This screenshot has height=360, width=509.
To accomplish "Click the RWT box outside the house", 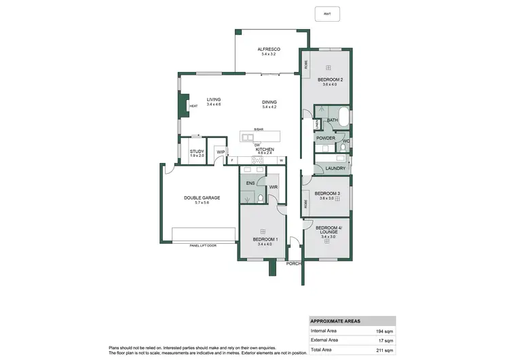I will pyautogui.click(x=327, y=14).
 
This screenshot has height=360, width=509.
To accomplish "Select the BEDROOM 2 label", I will pyautogui.click(x=330, y=80).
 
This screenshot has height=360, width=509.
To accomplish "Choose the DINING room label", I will pyautogui.click(x=269, y=103).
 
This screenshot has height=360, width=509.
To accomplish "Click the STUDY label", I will pyautogui.click(x=197, y=151).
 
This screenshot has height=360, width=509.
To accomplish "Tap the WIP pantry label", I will pyautogui.click(x=221, y=151).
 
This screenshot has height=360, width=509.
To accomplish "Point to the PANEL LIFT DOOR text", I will pyautogui.click(x=203, y=245).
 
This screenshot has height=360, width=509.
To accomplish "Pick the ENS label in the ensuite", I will pyautogui.click(x=250, y=183).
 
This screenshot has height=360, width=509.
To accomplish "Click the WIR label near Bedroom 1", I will pyautogui.click(x=274, y=187).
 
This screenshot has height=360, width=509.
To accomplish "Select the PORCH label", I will pyautogui.click(x=294, y=263).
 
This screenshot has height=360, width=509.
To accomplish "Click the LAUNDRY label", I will pyautogui.click(x=336, y=168).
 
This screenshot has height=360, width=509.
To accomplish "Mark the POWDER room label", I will pyautogui.click(x=325, y=138).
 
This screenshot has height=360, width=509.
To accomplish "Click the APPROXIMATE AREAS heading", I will pyautogui.click(x=335, y=321).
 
